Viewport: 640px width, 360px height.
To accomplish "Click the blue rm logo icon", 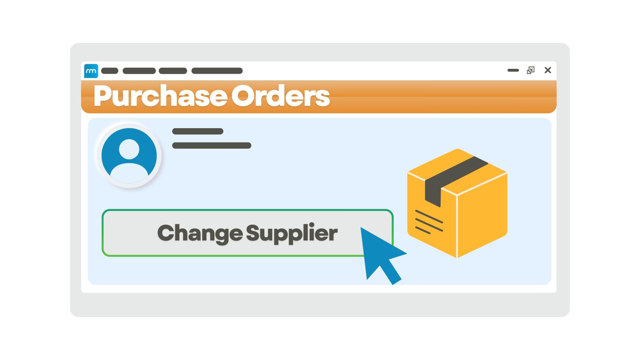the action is pos(91,71).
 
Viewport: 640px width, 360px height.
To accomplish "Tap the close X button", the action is pos(547,70).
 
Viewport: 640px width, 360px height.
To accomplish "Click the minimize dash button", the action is pos(513,70).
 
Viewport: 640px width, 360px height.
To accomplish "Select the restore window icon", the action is pos(531,70).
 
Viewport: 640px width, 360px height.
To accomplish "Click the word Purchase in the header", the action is pos(160,96).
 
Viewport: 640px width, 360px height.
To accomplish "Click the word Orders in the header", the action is pos(281,96).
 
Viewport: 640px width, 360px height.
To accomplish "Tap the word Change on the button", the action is pos(200,233).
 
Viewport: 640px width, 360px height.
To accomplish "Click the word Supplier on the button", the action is pos(292,233).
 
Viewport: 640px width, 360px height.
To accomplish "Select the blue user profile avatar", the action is pos(129,156).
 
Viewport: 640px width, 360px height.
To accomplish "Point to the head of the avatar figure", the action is pos(129,149).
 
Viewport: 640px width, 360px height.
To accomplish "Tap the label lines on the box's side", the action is pos(429,222).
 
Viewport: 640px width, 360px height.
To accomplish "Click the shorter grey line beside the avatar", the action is pos(198,131).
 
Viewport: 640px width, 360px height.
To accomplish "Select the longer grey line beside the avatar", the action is pos(212,145).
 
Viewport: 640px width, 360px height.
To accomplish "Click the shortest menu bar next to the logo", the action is pos(110,71).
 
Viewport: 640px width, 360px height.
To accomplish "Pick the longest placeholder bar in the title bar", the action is pos(217,71).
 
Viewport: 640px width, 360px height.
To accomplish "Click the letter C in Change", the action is pos(167,233).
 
